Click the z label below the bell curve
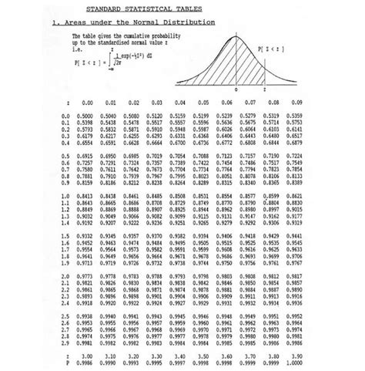click(x=264, y=89)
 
